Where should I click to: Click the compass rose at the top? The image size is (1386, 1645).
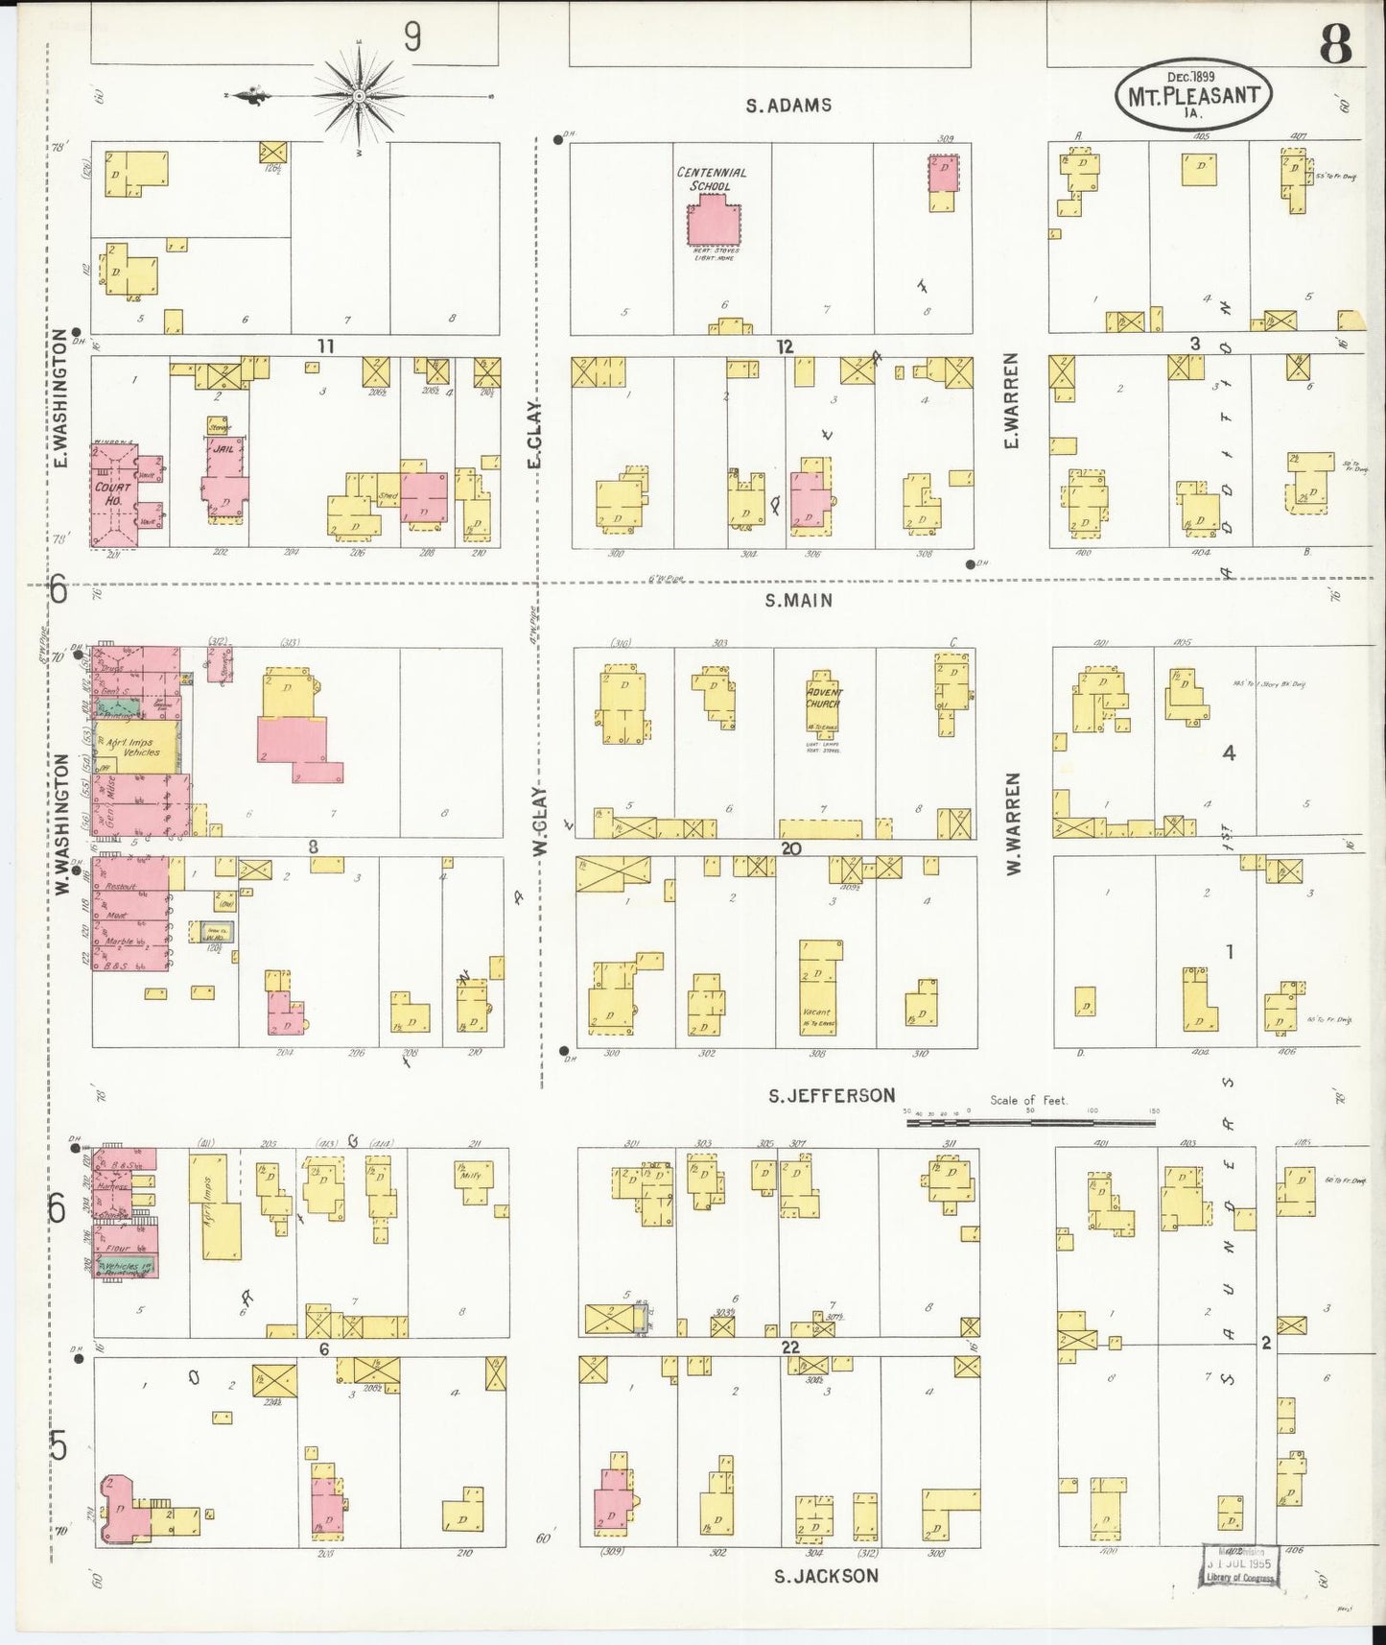tap(359, 96)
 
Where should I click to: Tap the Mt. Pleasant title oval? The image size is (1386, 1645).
tap(1193, 94)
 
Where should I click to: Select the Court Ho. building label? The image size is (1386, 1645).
tap(113, 493)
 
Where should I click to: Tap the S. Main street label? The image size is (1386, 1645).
tap(798, 601)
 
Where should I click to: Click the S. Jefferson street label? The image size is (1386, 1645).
tap(831, 1095)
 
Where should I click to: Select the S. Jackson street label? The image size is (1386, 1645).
tap(826, 1575)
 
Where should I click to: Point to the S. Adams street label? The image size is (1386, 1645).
tap(788, 106)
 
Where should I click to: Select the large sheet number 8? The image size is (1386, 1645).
tap(1334, 43)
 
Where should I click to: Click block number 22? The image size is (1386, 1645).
tap(788, 1347)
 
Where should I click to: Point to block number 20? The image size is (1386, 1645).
tap(790, 848)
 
